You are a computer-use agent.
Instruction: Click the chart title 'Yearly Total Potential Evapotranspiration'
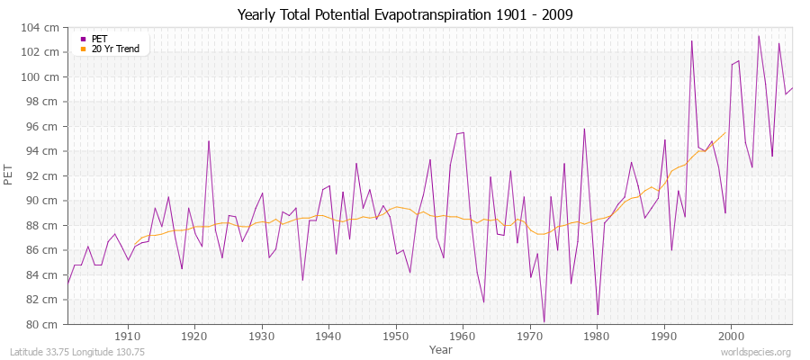(x=404, y=15)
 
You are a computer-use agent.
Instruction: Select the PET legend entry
(x=98, y=39)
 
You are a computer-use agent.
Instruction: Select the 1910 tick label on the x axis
(x=128, y=336)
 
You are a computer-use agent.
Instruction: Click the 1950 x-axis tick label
(x=395, y=336)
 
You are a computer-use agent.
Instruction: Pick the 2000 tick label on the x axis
(x=730, y=336)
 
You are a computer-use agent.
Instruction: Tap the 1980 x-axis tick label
(x=596, y=336)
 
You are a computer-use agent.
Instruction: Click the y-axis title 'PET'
(x=10, y=176)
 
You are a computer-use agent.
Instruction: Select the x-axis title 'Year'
(x=440, y=348)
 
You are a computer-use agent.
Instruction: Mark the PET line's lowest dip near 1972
(x=544, y=321)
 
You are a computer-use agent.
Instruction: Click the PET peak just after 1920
(x=209, y=140)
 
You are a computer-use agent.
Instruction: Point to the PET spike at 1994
(x=691, y=41)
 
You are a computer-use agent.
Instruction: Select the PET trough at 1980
(x=598, y=315)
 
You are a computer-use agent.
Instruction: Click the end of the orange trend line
(x=724, y=133)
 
